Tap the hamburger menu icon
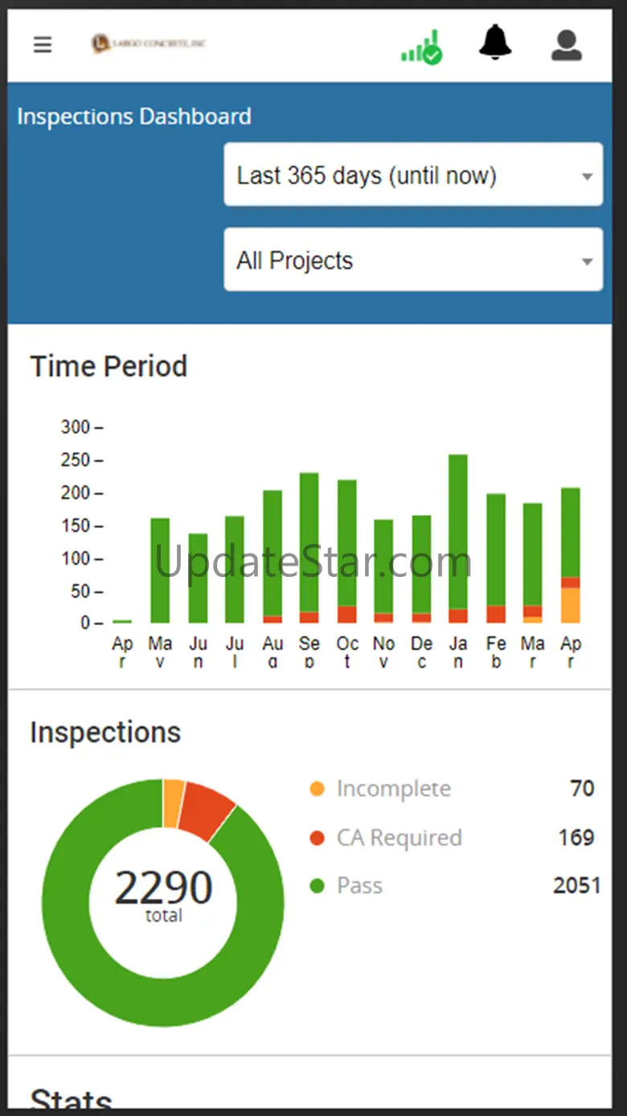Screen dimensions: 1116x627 (x=43, y=44)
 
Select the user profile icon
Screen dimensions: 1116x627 (x=566, y=45)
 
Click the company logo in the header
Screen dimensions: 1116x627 (x=149, y=43)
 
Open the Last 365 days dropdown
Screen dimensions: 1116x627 (x=413, y=175)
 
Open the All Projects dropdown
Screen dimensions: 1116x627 (x=413, y=260)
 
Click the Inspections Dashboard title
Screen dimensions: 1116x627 (x=134, y=117)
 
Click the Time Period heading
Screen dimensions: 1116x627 (x=109, y=367)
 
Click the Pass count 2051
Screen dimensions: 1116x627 (x=576, y=886)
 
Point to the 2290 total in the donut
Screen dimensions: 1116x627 (x=163, y=887)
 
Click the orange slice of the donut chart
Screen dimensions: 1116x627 (x=173, y=802)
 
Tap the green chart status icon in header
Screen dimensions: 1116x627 (x=422, y=48)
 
